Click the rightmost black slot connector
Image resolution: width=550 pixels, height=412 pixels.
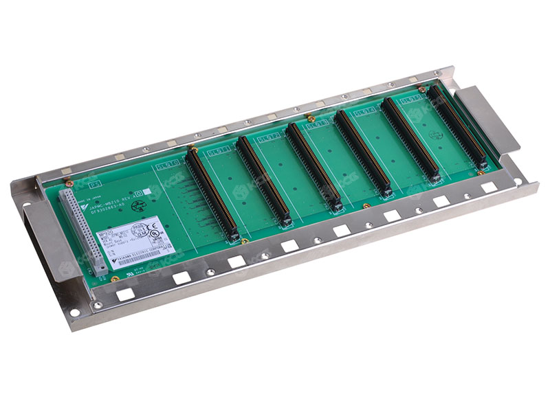tap(456, 126)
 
